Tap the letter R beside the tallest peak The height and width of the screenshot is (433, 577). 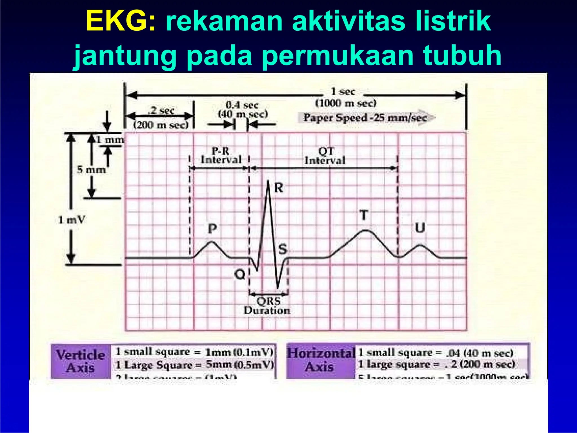(279, 188)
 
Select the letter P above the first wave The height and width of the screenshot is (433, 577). (212, 229)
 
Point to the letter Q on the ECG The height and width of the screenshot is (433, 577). (240, 274)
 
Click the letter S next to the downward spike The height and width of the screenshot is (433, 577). (283, 249)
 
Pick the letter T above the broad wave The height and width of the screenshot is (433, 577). (364, 215)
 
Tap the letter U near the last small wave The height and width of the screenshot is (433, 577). (420, 228)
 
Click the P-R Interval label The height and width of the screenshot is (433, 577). (221, 156)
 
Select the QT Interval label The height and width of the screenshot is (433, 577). (325, 156)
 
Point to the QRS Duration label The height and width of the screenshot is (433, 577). (267, 306)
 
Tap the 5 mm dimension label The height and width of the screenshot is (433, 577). (91, 170)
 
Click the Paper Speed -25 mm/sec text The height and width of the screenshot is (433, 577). (365, 118)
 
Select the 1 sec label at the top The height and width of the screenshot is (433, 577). (343, 92)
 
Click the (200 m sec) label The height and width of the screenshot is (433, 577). (160, 125)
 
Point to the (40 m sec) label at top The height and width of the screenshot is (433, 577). (243, 114)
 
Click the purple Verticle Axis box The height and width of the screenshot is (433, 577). (81, 361)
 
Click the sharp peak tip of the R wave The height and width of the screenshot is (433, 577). (268, 181)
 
